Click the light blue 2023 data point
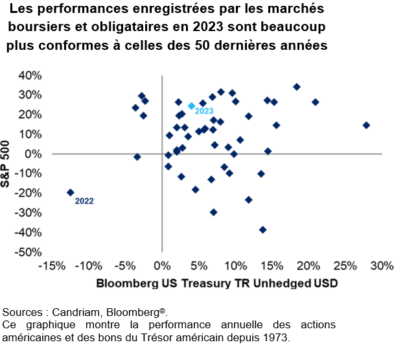[191, 106]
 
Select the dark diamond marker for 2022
[70, 192]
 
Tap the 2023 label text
[204, 111]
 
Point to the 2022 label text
[84, 201]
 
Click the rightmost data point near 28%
[366, 125]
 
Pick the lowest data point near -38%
[262, 229]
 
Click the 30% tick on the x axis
[382, 265]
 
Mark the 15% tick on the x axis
[272, 265]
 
